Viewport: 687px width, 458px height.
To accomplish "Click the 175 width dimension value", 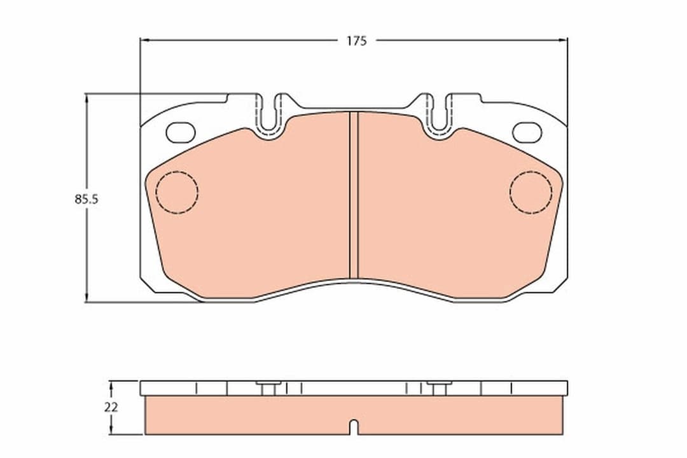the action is click(357, 41).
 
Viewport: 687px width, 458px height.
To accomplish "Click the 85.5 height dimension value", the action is click(87, 199).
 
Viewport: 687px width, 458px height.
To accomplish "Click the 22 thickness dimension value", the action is click(111, 408).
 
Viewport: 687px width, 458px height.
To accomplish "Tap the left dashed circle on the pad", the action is click(177, 192).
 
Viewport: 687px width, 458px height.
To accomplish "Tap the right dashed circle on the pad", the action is click(531, 192).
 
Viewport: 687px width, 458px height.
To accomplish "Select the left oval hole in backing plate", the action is click(181, 132).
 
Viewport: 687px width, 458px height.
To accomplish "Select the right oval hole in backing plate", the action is click(527, 132).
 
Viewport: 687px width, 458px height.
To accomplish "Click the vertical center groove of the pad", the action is click(354, 195).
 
